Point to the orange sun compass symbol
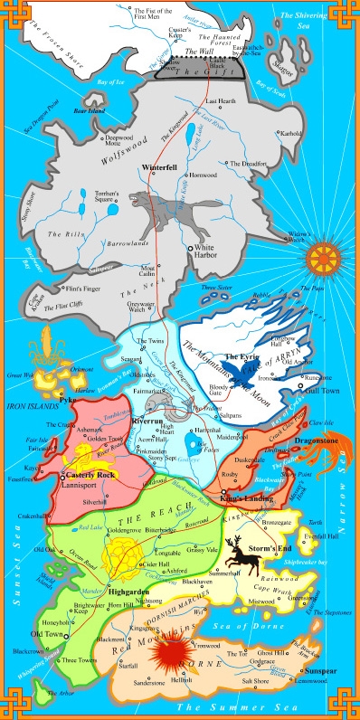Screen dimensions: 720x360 tap(323, 259)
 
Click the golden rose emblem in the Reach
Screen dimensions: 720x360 tap(120, 550)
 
